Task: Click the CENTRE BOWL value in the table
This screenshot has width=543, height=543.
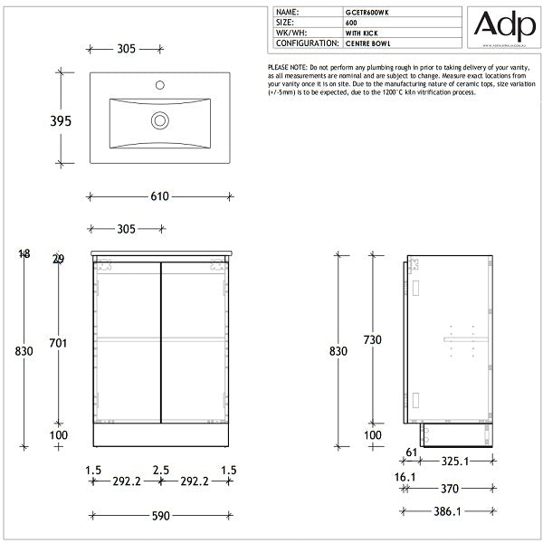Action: pyautogui.click(x=367, y=43)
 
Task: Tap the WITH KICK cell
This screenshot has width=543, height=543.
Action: pyautogui.click(x=362, y=33)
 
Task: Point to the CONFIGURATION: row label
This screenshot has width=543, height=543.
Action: pyautogui.click(x=307, y=43)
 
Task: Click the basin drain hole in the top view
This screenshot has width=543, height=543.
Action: pyautogui.click(x=159, y=118)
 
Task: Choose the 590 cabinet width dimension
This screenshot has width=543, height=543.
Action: pyautogui.click(x=159, y=516)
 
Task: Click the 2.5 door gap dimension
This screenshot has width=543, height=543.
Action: pyautogui.click(x=160, y=472)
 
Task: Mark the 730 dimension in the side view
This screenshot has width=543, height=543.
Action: pyautogui.click(x=372, y=339)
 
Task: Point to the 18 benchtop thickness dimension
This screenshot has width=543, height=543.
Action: pyautogui.click(x=24, y=254)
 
